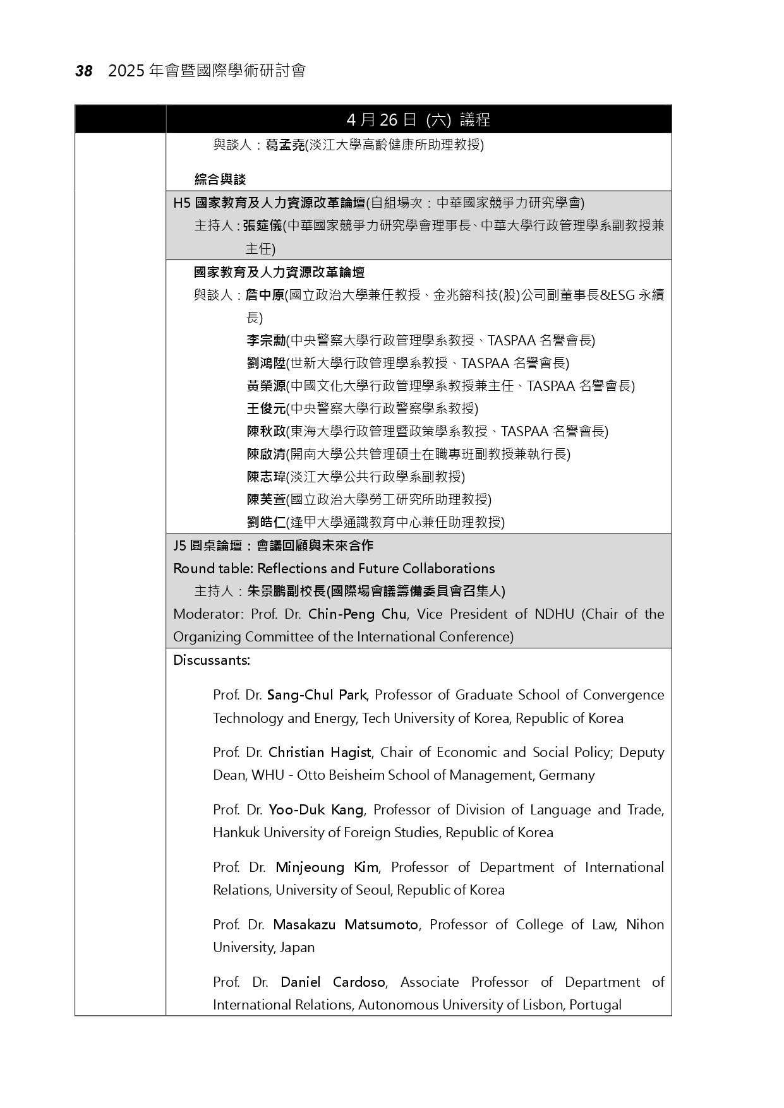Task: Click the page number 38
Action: (84, 71)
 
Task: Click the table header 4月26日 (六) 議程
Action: (418, 119)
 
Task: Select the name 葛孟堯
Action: (285, 145)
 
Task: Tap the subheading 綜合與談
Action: (220, 179)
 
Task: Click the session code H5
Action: (181, 203)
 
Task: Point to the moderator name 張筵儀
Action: (262, 225)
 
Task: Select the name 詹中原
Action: (265, 295)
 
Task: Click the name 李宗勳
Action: (266, 341)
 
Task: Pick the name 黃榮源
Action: (266, 386)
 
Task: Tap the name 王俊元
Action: (266, 409)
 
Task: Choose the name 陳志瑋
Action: (266, 477)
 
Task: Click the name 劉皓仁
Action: (266, 523)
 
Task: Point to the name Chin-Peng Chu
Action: (358, 614)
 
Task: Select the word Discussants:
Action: (212, 660)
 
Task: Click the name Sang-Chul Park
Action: (317, 695)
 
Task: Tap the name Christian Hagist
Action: (320, 753)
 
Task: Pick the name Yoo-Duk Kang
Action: (316, 810)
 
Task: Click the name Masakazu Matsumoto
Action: (346, 925)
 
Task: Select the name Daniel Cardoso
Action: (333, 982)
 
